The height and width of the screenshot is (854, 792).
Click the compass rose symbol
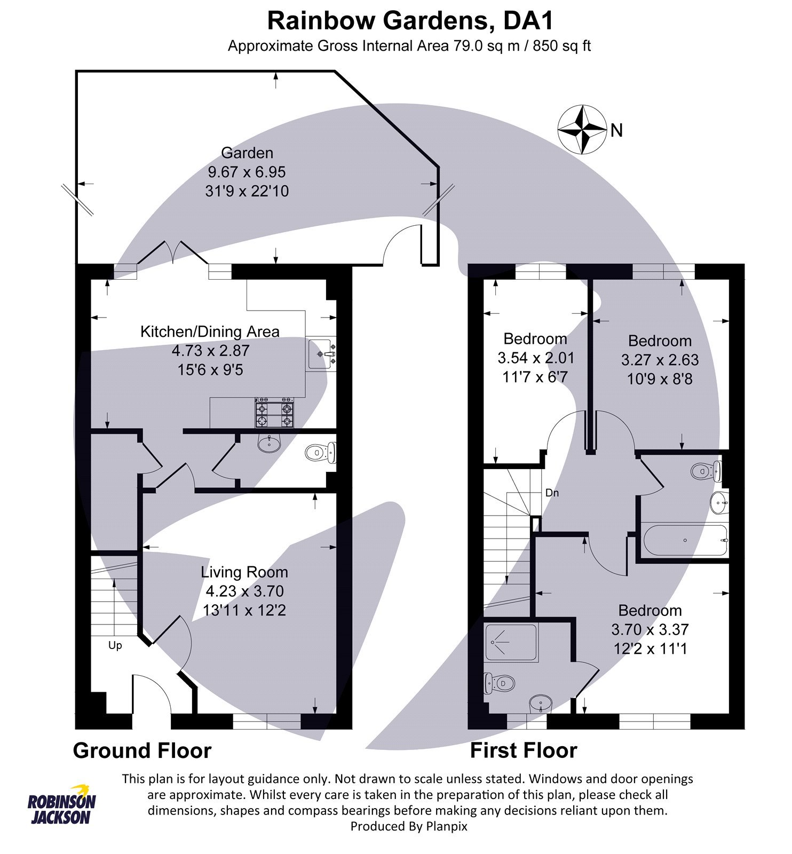[x=582, y=130]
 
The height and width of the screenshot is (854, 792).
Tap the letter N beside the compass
[x=616, y=130]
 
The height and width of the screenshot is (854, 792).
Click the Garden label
[x=247, y=153]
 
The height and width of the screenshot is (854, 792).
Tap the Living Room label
[x=244, y=572]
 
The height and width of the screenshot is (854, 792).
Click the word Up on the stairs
[x=115, y=645]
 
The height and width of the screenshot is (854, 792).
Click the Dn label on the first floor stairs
[x=552, y=493]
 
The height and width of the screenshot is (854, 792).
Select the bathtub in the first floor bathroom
[x=685, y=540]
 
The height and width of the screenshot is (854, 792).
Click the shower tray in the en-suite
[x=511, y=643]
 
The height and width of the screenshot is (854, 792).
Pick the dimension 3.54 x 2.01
[x=535, y=358]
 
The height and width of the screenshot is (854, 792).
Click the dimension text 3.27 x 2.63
[x=660, y=360]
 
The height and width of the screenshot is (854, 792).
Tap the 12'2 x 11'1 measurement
[x=650, y=649]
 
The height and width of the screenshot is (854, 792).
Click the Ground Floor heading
[x=142, y=750]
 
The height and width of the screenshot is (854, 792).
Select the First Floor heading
[x=523, y=750]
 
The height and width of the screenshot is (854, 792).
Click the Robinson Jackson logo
[x=61, y=804]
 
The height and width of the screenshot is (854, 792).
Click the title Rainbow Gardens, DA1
[x=410, y=21]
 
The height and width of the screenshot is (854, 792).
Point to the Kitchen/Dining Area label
[x=210, y=331]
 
